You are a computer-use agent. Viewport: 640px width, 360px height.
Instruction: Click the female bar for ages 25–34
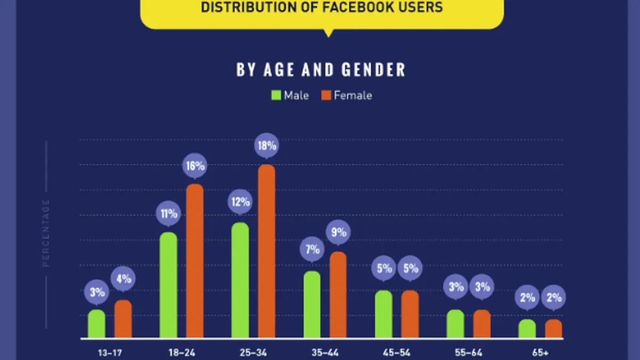pos(267,251)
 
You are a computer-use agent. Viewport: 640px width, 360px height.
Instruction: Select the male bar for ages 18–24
pos(169,285)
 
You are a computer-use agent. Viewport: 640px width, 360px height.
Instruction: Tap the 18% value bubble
pos(267,145)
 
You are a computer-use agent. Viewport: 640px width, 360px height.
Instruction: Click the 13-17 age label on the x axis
pos(97,352)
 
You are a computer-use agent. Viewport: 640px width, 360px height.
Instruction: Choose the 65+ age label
pos(540,352)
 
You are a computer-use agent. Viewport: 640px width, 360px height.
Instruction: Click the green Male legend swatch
pos(276,96)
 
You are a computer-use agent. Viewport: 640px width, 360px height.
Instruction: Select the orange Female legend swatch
pos(326,96)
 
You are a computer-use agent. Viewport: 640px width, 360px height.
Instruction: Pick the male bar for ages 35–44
pos(312,305)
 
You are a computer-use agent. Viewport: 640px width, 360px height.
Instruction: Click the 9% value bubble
pos(338,233)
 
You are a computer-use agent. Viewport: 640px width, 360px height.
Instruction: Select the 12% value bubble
pos(241,203)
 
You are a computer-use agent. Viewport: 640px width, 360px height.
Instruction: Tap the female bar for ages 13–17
pos(123,319)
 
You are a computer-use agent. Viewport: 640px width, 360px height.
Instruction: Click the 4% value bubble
pos(123,278)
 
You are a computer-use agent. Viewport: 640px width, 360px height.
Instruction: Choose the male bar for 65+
pos(527,329)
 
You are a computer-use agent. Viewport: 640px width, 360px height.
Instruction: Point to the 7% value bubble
pos(312,250)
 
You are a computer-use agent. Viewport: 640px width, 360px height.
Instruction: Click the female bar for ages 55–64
pos(482,324)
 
